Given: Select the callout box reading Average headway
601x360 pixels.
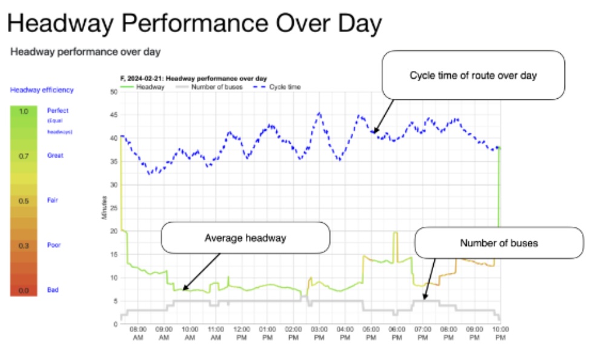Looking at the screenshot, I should [245, 238].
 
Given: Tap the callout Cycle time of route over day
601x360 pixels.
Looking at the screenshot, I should [473, 75].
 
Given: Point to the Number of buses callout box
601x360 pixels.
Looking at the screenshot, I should [499, 243].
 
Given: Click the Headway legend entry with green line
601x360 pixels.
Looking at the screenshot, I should [139, 87].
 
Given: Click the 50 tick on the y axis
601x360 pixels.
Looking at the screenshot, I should [113, 92].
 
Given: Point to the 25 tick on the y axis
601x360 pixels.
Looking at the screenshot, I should [113, 208].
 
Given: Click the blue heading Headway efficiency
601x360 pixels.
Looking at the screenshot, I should [42, 90].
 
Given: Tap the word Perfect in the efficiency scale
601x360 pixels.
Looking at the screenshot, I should [58, 111].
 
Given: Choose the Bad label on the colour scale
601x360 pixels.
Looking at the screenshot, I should [53, 290].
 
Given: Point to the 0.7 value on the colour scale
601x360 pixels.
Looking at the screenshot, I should [23, 156].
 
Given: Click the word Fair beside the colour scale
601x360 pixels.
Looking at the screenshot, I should [53, 200].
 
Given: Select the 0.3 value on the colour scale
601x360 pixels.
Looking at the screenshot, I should [23, 245].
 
